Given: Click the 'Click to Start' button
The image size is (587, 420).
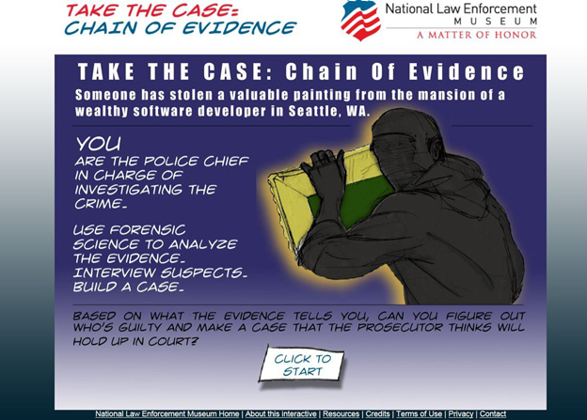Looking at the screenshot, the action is [301, 365].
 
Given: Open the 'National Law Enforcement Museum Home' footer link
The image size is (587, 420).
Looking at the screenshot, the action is [167, 413].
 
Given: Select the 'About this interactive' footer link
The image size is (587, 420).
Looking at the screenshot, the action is [280, 413].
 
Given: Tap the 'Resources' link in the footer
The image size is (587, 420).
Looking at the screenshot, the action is [341, 413].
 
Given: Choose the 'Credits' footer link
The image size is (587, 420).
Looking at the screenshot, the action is [377, 413].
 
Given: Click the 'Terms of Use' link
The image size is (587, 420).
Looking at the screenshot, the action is [419, 413].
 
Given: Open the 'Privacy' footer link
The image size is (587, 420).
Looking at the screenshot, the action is [461, 413].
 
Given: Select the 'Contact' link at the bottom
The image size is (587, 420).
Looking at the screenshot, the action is [493, 413].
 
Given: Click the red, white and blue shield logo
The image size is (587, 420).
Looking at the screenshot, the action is [360, 20].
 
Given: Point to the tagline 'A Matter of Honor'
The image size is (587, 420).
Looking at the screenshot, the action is [477, 35].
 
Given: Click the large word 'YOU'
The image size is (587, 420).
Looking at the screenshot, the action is [99, 144].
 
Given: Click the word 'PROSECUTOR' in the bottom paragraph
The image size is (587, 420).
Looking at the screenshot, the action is [400, 328].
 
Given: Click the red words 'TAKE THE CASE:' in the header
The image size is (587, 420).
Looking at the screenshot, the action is [151, 10].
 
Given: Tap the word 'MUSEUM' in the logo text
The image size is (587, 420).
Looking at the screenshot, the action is [495, 22].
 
